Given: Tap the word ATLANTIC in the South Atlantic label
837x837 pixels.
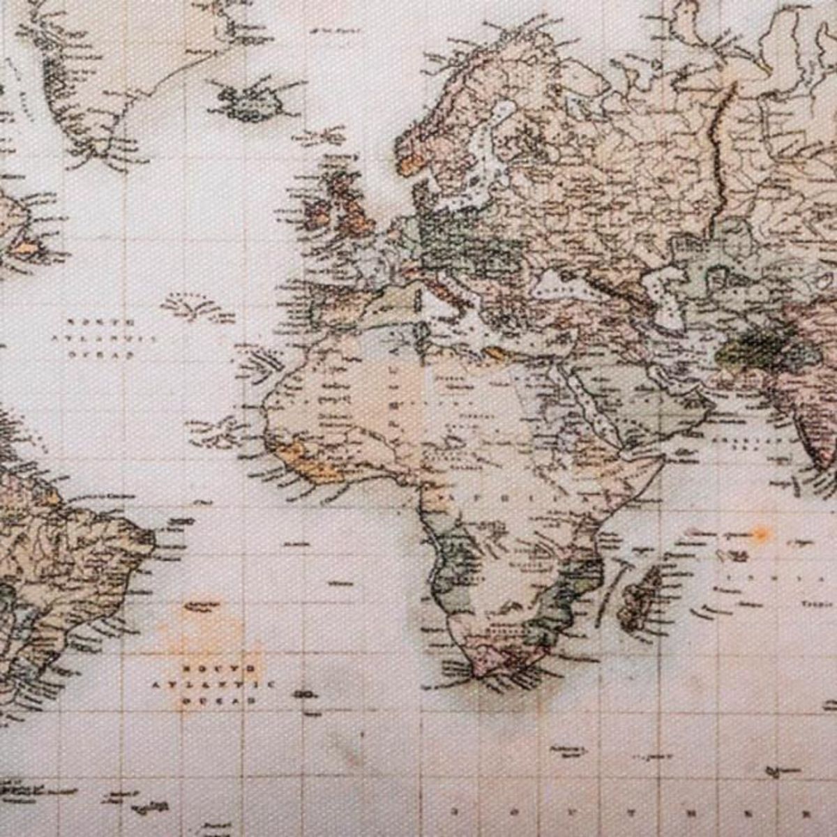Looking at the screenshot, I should tap(213, 685).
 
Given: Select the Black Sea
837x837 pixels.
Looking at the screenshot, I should tap(561, 282).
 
